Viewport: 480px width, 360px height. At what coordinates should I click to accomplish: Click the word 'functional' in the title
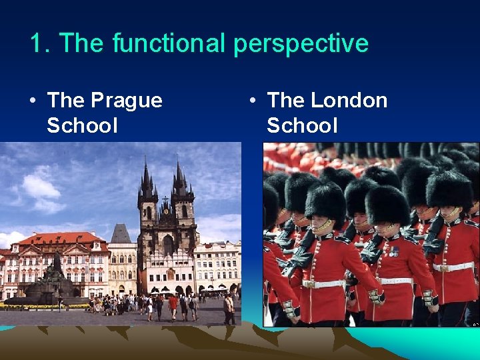tap(169, 43)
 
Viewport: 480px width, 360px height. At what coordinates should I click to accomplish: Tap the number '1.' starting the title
tap(40, 43)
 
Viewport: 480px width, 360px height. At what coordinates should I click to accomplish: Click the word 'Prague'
tap(127, 101)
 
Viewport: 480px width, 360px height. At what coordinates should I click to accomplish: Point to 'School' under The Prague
tap(82, 125)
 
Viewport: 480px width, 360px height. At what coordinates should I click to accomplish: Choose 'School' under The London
tap(302, 125)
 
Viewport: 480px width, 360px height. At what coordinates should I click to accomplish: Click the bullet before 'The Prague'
tap(32, 101)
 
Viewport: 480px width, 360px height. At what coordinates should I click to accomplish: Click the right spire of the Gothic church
tap(179, 175)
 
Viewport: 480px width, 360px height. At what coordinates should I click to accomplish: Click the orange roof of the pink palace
tap(60, 238)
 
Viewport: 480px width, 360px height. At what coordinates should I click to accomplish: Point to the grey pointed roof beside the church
tap(121, 233)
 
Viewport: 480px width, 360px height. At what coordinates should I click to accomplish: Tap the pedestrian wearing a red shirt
tap(173, 304)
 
